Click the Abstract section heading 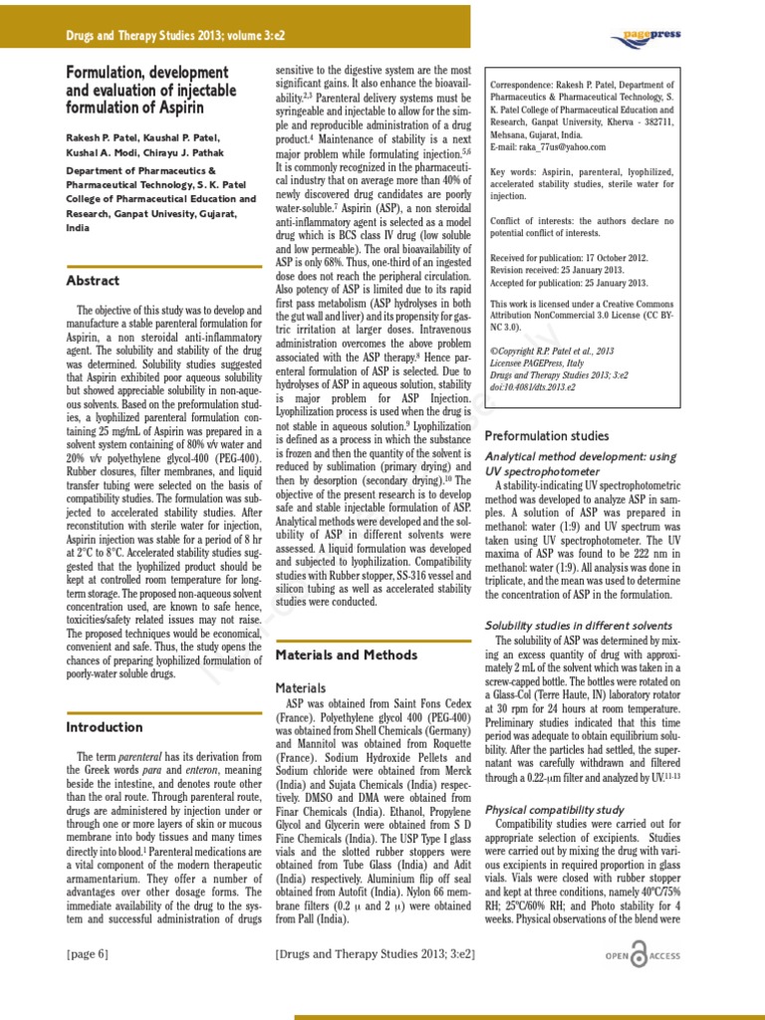tap(93, 281)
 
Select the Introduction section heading tap(105, 727)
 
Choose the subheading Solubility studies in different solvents tap(578, 625)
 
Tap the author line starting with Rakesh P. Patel tap(143, 136)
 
